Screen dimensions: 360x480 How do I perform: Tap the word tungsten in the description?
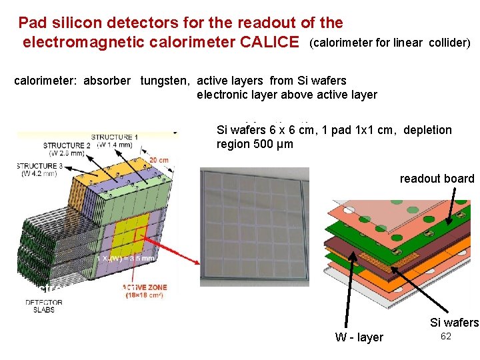tap(164, 81)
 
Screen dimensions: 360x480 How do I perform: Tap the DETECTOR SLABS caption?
tap(44, 307)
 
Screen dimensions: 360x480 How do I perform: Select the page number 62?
tap(446, 337)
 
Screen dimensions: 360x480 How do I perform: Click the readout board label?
tap(437, 179)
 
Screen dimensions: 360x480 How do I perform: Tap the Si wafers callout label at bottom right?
tap(454, 323)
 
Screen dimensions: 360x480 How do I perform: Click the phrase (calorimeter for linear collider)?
tap(391, 43)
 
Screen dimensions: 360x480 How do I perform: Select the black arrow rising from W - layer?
tap(347, 293)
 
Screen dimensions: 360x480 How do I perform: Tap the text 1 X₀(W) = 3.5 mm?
tap(127, 258)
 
